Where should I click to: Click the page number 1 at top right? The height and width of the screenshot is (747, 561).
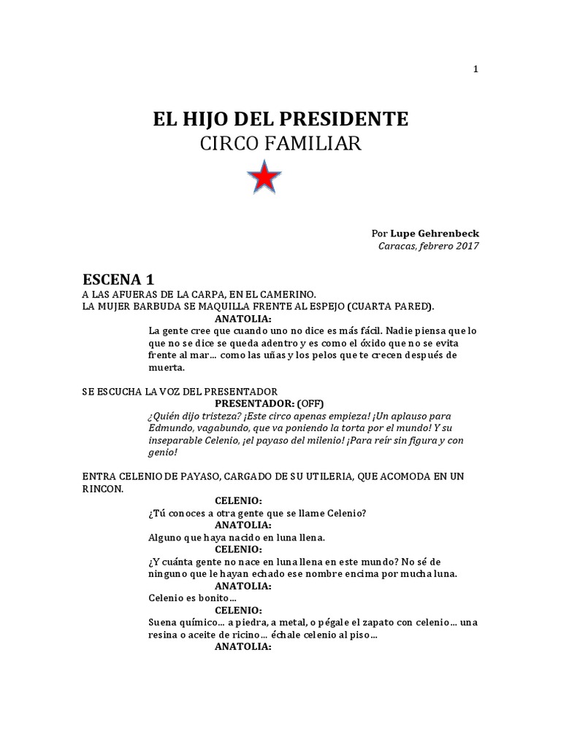click(476, 69)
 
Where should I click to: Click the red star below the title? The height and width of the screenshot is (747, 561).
click(264, 177)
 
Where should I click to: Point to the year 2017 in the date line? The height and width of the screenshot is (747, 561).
click(467, 246)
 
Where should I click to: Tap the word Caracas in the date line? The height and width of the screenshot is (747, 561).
click(399, 246)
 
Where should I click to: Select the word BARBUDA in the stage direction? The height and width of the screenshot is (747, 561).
click(164, 306)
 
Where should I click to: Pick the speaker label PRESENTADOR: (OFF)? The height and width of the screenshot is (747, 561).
click(269, 403)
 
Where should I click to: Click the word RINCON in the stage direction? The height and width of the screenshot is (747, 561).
click(102, 489)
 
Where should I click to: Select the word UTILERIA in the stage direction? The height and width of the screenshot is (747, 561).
click(356, 476)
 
